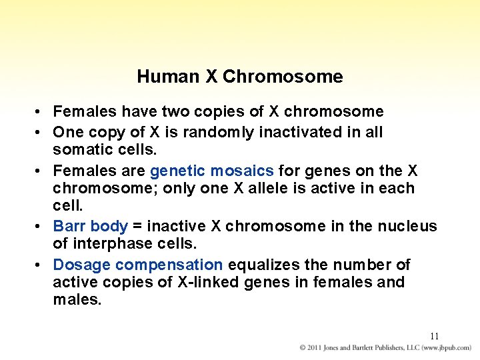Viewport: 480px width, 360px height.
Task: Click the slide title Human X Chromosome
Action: point(240,77)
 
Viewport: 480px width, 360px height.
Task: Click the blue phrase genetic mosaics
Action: point(212,171)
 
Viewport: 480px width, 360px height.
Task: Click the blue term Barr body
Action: point(90,226)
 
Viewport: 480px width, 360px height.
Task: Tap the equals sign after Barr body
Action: point(139,227)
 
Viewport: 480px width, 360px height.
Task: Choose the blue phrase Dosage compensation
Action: point(137,265)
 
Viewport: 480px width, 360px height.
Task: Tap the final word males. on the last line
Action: point(77,300)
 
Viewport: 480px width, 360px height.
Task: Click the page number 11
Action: point(434,336)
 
